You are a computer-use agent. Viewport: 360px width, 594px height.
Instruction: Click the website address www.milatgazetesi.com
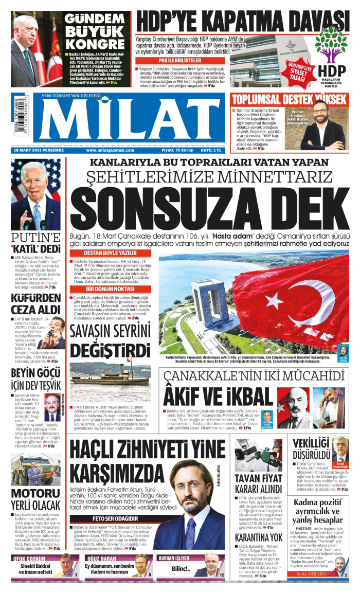(110, 150)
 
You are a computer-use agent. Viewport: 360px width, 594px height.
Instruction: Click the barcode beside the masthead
(20, 118)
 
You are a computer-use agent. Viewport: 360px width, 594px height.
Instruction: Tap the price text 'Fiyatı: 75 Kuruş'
(177, 150)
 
